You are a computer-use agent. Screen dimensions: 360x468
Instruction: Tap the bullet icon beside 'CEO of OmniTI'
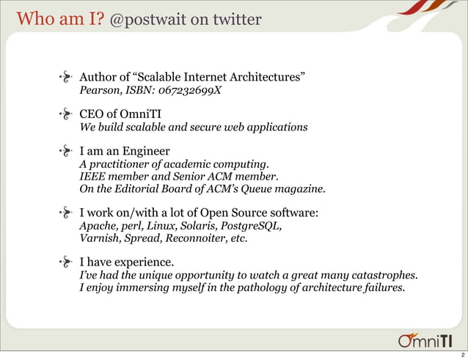tap(65, 114)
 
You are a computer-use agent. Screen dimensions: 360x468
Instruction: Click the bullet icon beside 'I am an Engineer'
tap(65, 152)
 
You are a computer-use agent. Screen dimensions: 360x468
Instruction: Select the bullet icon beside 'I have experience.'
tap(65, 261)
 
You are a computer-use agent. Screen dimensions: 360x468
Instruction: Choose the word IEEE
tap(92, 177)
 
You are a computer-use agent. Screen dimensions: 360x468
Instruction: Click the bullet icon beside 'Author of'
tap(65, 76)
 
